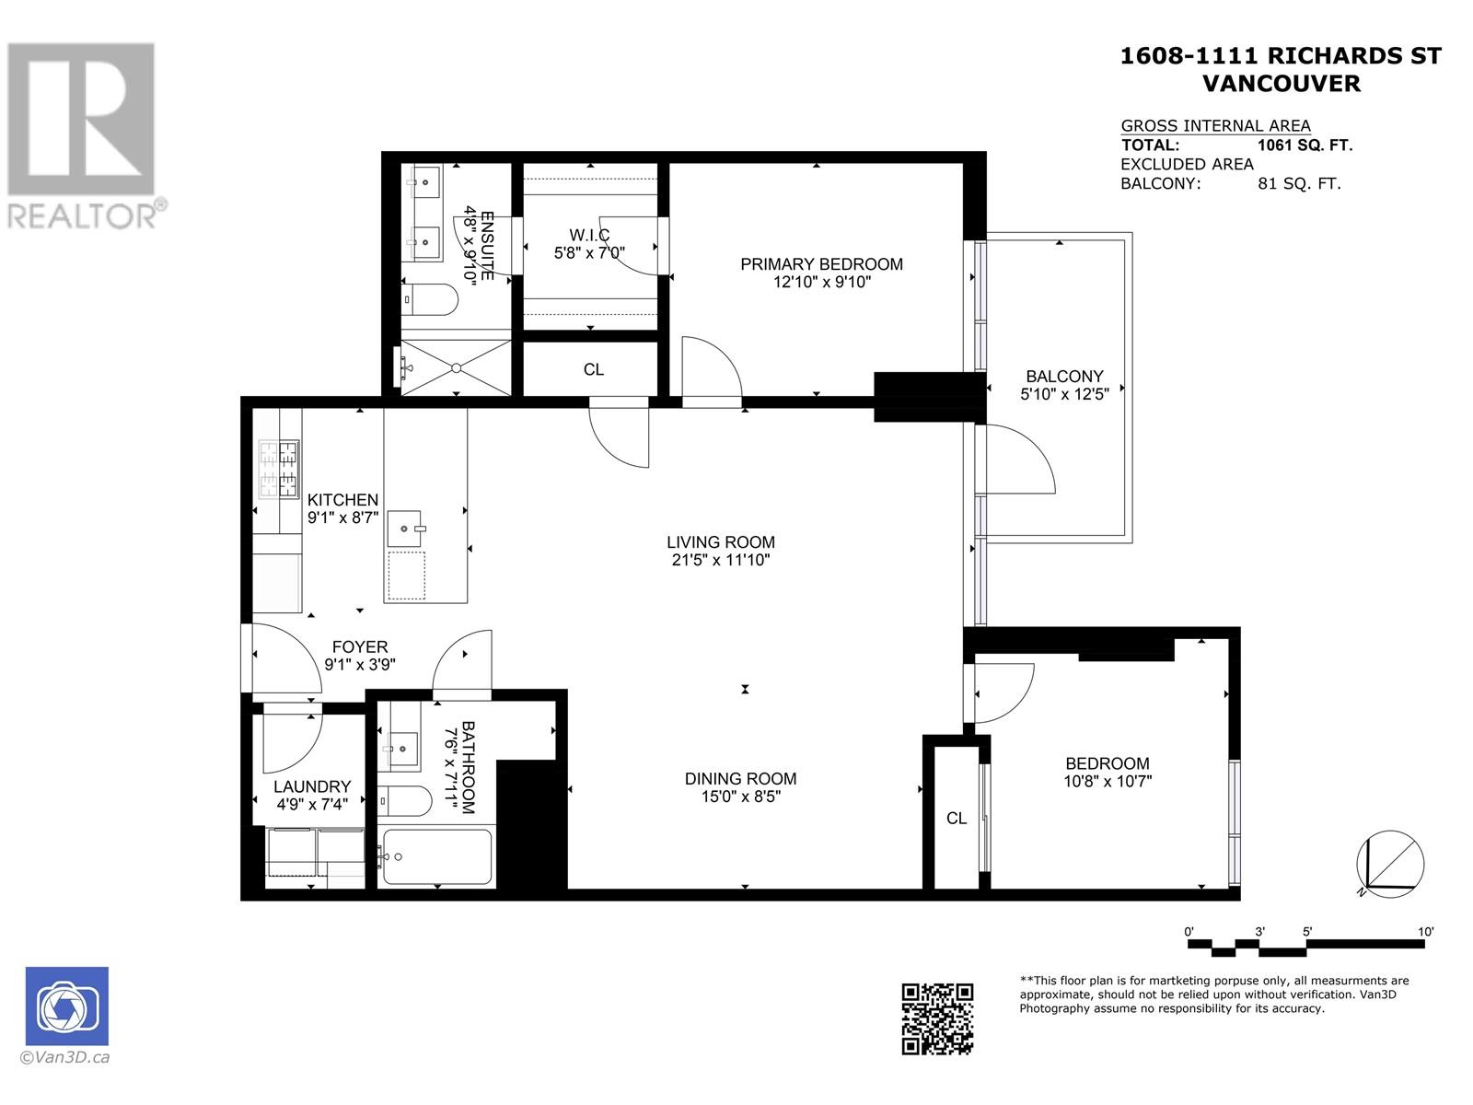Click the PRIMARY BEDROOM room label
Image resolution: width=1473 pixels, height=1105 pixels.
pyautogui.click(x=821, y=264)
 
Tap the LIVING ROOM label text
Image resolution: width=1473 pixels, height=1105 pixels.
pyautogui.click(x=721, y=542)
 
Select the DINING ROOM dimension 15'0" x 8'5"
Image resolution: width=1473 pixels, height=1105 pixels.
pyautogui.click(x=740, y=797)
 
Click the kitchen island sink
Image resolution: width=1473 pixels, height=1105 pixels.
pyautogui.click(x=406, y=529)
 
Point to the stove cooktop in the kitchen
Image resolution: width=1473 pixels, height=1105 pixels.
pyautogui.click(x=279, y=470)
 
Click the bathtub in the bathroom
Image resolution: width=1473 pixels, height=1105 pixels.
pyautogui.click(x=436, y=856)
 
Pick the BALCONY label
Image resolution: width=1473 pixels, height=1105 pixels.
pyautogui.click(x=1064, y=377)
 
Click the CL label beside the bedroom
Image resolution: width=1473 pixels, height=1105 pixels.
pyautogui.click(x=957, y=818)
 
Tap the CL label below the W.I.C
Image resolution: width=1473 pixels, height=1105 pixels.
pyautogui.click(x=594, y=369)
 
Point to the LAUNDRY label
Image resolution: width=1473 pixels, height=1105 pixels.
pyautogui.click(x=312, y=786)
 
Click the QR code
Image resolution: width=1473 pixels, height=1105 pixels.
pyautogui.click(x=936, y=1018)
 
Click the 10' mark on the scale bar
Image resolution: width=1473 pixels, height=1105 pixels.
pyautogui.click(x=1425, y=932)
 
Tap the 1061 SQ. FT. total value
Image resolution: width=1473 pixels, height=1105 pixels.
pyautogui.click(x=1305, y=145)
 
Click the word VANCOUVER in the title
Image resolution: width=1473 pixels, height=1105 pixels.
pyautogui.click(x=1282, y=83)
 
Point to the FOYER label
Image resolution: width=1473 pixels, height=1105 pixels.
pyautogui.click(x=360, y=647)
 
